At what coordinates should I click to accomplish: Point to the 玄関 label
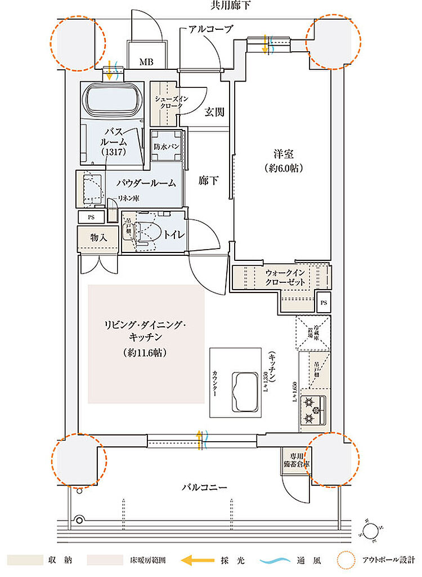coord(214,112)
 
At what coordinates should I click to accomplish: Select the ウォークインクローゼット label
coord(285,277)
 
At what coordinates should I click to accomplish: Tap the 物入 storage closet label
coord(98,238)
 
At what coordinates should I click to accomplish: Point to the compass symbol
coord(371,530)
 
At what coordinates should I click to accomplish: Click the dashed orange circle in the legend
coord(347,560)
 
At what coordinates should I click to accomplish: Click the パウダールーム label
coord(146,183)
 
